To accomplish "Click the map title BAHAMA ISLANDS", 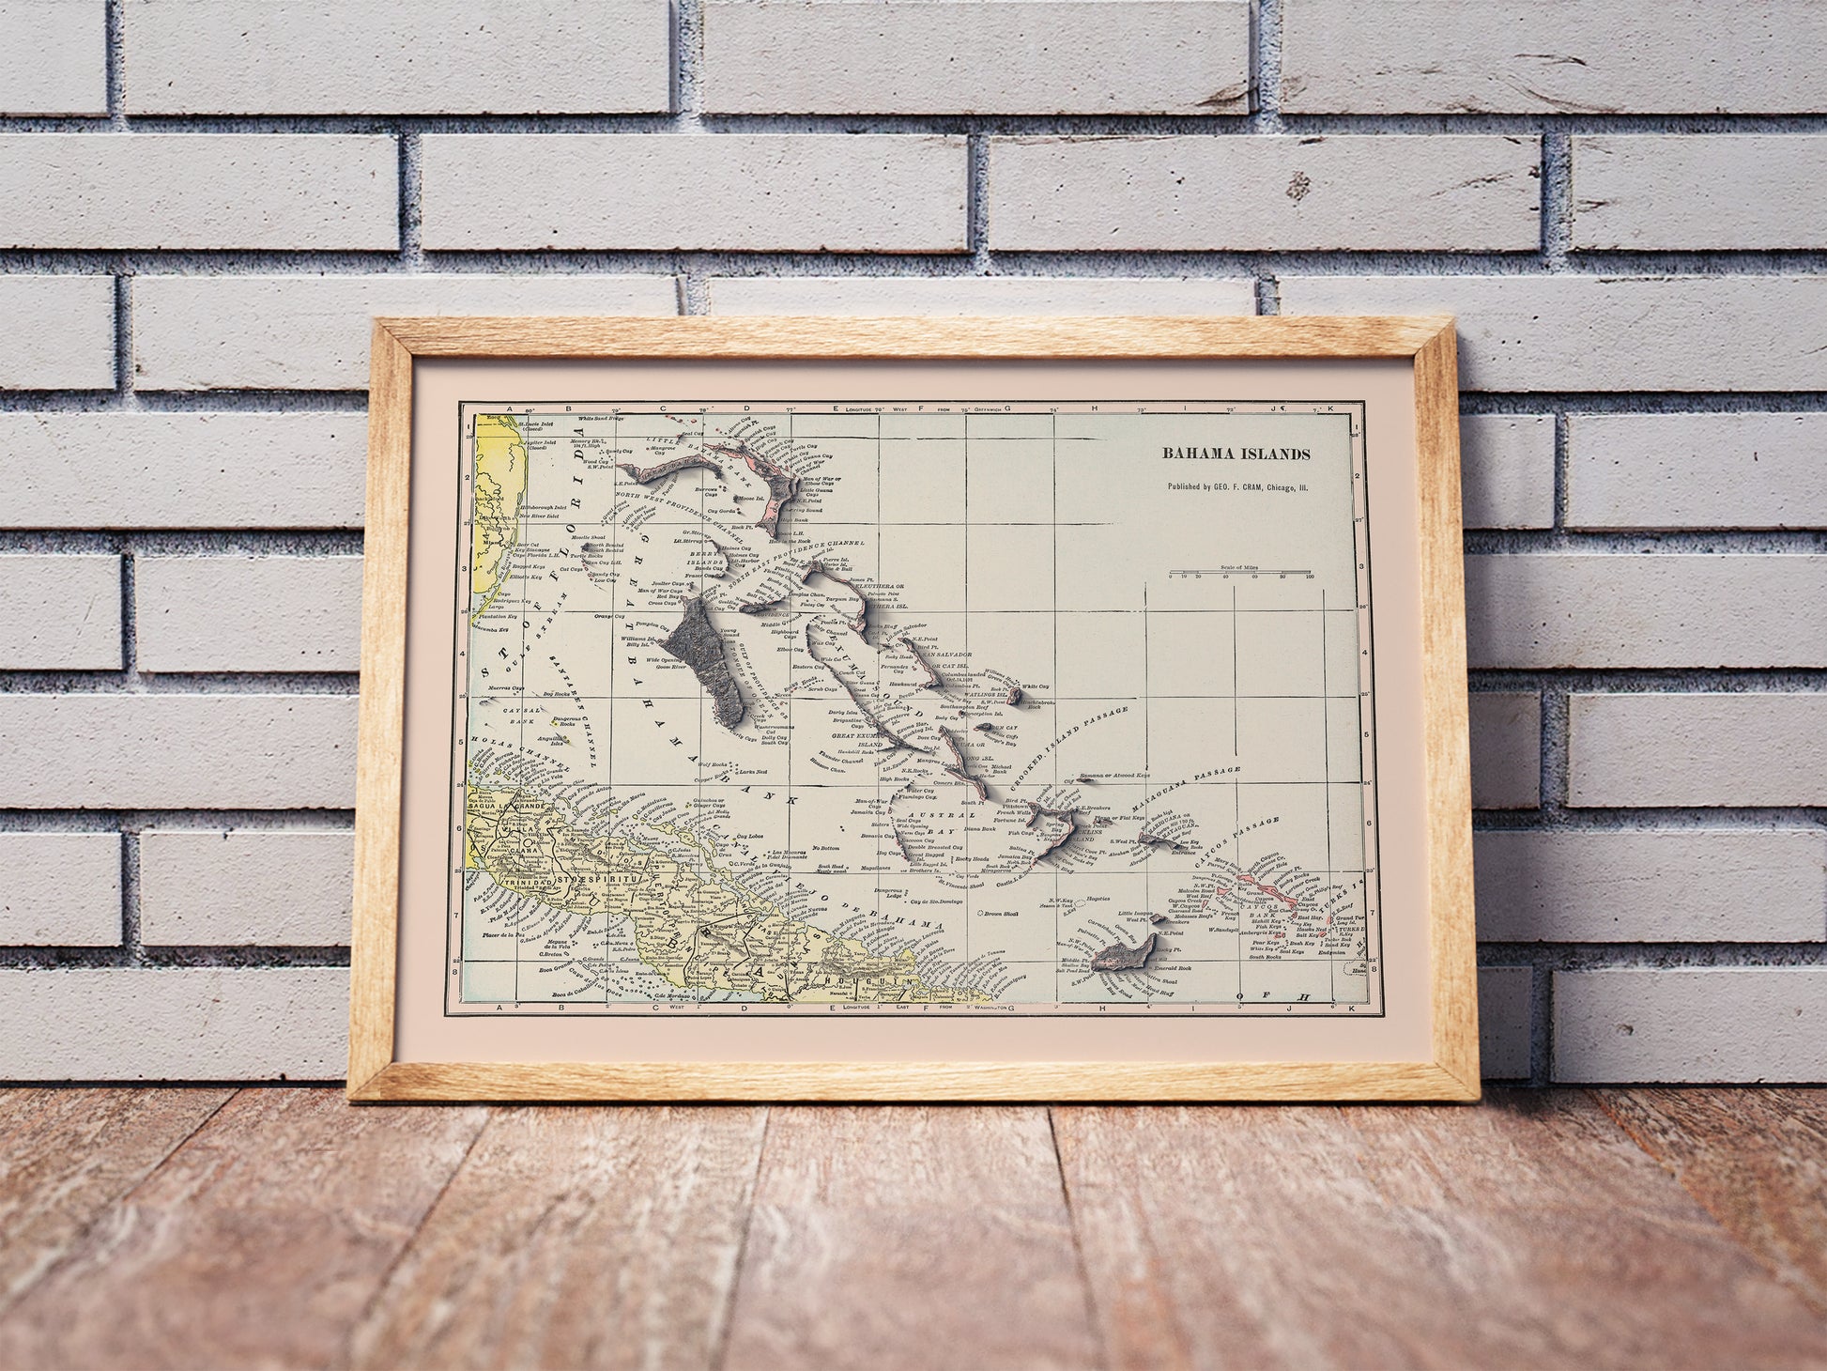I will point(1236,454).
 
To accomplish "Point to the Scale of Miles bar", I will point(1240,572).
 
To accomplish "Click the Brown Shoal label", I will point(995,913).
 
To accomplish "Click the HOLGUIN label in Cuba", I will point(849,981).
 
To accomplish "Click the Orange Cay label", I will point(609,616).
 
